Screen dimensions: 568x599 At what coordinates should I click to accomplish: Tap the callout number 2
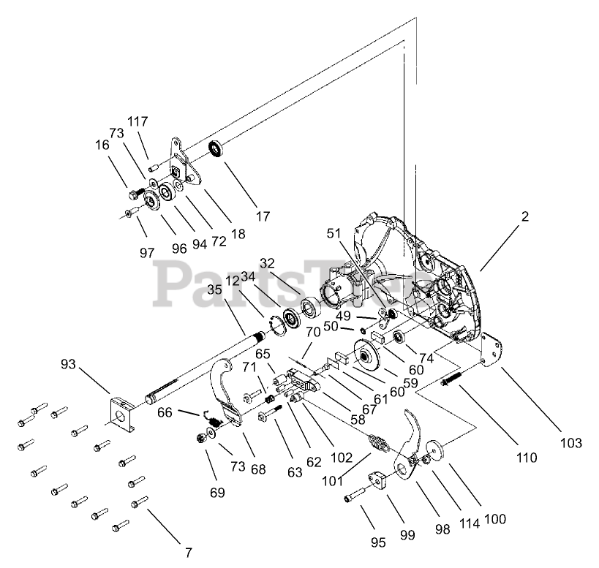click(524, 216)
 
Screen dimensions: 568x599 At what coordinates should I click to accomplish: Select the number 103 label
click(570, 443)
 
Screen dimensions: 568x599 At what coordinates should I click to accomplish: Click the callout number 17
click(263, 216)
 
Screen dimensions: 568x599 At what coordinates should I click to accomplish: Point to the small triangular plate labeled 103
click(491, 352)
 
